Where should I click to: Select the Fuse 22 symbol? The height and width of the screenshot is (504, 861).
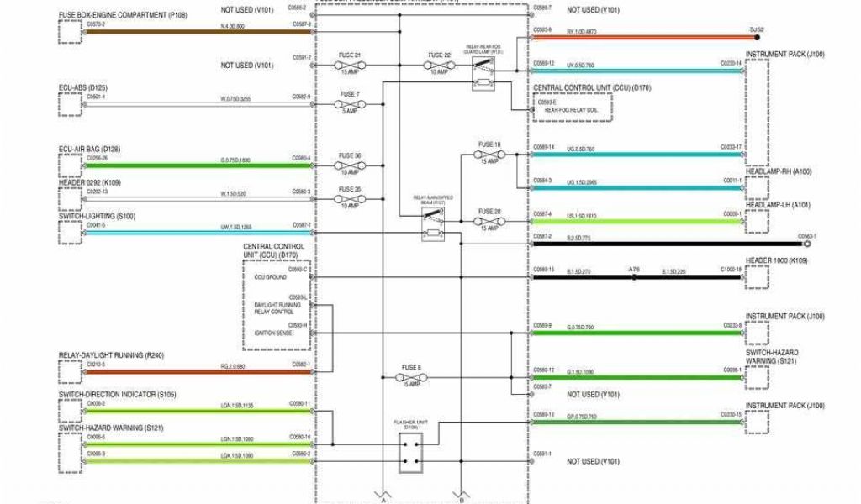tap(438, 65)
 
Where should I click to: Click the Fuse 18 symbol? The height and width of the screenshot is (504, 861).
tap(489, 154)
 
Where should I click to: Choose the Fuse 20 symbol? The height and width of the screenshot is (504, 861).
tap(489, 222)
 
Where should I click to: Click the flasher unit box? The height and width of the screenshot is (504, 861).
tap(411, 454)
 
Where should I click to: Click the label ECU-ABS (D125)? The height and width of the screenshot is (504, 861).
tap(82, 87)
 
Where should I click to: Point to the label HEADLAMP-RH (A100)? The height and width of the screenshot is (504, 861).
tap(779, 171)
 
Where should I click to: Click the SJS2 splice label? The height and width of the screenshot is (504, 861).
tap(756, 30)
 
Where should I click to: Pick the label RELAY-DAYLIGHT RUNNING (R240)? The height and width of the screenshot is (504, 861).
tap(111, 355)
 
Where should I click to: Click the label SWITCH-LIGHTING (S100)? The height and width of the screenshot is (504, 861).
tap(97, 216)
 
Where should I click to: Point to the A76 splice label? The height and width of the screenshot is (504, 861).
tap(635, 270)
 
